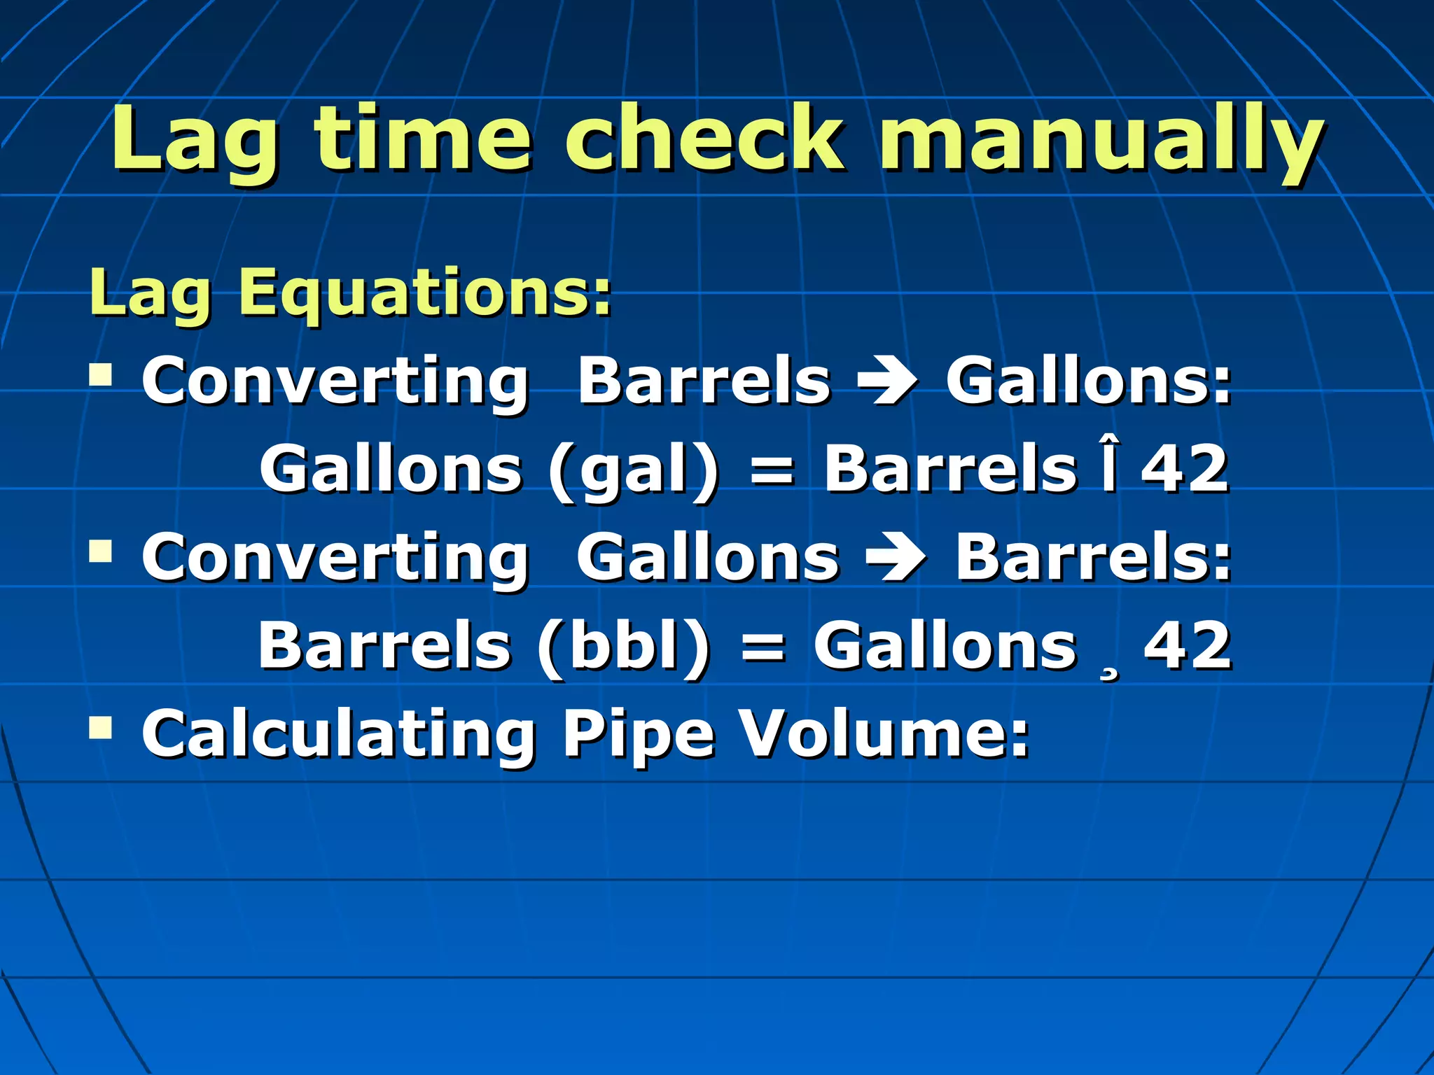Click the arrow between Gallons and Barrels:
(897, 558)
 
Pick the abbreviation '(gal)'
(634, 470)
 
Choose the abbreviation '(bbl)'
(624, 647)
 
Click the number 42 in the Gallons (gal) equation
(1184, 469)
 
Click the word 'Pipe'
(638, 735)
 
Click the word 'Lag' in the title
(195, 140)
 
